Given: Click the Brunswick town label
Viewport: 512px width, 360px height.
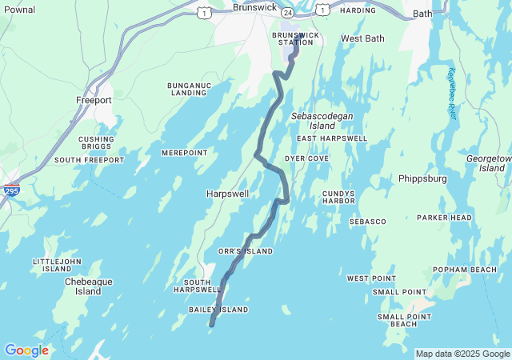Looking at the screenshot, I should tap(254, 7).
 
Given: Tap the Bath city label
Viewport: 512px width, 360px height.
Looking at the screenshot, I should tap(422, 14).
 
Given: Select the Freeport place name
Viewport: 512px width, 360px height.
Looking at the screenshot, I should tap(94, 100).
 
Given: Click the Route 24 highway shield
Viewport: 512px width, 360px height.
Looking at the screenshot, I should tap(286, 14).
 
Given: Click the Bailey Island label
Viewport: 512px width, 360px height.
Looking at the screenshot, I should tap(218, 310).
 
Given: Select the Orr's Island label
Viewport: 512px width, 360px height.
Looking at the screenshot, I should tap(246, 251).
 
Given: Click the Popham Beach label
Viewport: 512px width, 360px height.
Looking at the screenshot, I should tap(465, 270).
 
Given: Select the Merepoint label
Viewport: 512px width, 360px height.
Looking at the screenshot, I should tap(184, 153).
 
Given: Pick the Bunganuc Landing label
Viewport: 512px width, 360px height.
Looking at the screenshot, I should tap(189, 89).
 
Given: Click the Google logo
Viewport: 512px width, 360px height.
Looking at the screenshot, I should tap(26, 350).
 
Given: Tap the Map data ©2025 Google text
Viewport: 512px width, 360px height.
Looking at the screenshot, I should tap(462, 354).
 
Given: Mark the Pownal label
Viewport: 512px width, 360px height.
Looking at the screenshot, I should tap(19, 9).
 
